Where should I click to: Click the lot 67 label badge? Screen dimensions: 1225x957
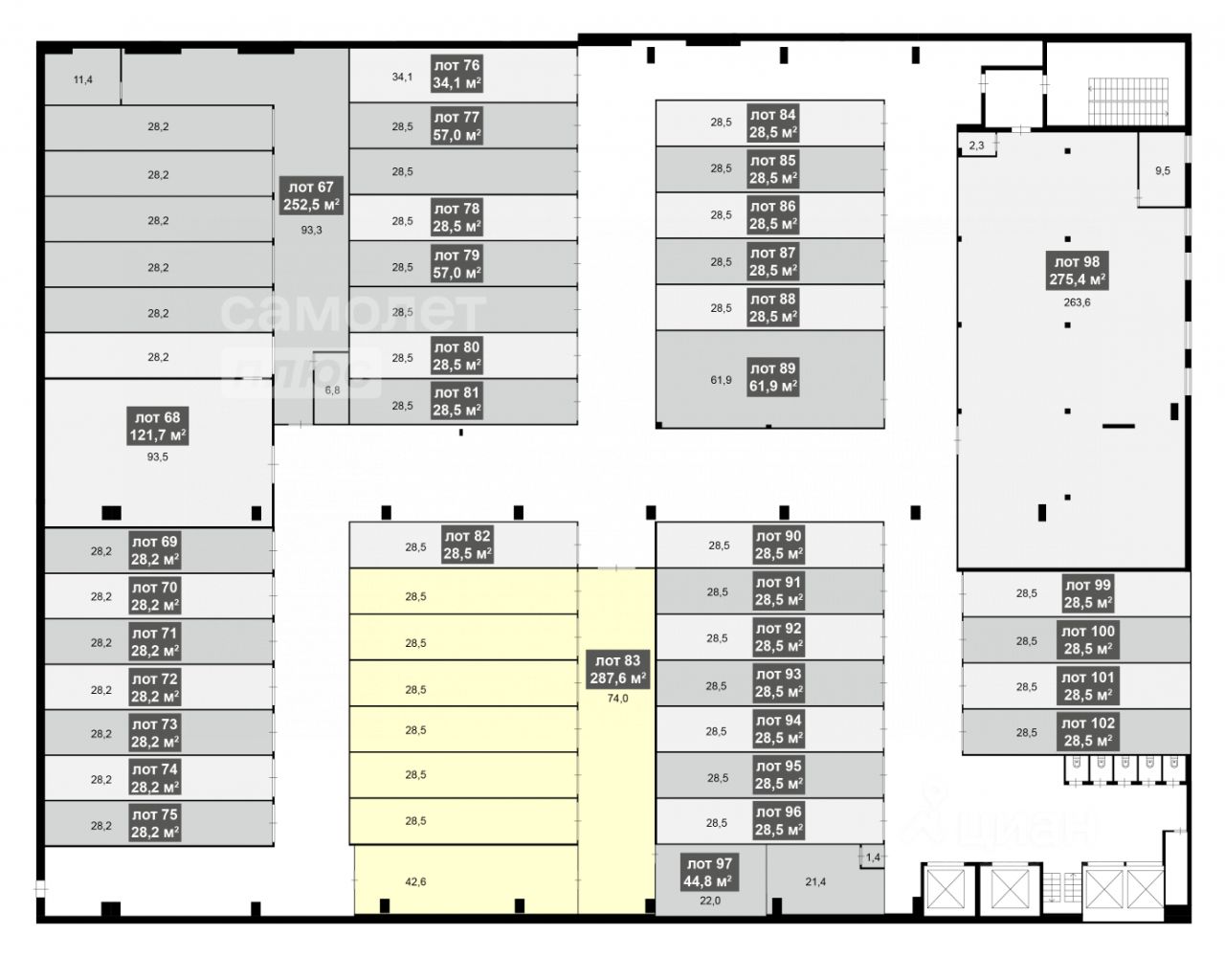[311, 195]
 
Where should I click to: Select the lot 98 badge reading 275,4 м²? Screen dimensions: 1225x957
[1077, 271]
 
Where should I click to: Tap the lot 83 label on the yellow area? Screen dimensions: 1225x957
[618, 669]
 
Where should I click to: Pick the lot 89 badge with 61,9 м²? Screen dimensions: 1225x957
[773, 377]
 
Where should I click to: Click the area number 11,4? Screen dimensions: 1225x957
[83, 80]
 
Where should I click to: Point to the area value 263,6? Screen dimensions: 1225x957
[1077, 302]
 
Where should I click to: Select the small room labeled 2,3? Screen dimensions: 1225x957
[977, 145]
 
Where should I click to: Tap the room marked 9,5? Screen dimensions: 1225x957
[1163, 170]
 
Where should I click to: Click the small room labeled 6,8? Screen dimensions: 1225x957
[331, 389]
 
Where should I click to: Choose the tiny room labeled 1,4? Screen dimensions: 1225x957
[872, 857]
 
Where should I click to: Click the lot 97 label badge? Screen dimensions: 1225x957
[709, 872]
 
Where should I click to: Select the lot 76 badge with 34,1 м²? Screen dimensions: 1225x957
[457, 74]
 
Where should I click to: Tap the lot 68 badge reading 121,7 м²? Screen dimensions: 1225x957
[157, 426]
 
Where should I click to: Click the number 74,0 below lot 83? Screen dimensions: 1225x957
[618, 699]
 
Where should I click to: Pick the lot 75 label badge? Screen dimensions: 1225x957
[155, 823]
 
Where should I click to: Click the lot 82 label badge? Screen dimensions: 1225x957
[467, 545]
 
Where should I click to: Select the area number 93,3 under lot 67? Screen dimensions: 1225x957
[311, 230]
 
